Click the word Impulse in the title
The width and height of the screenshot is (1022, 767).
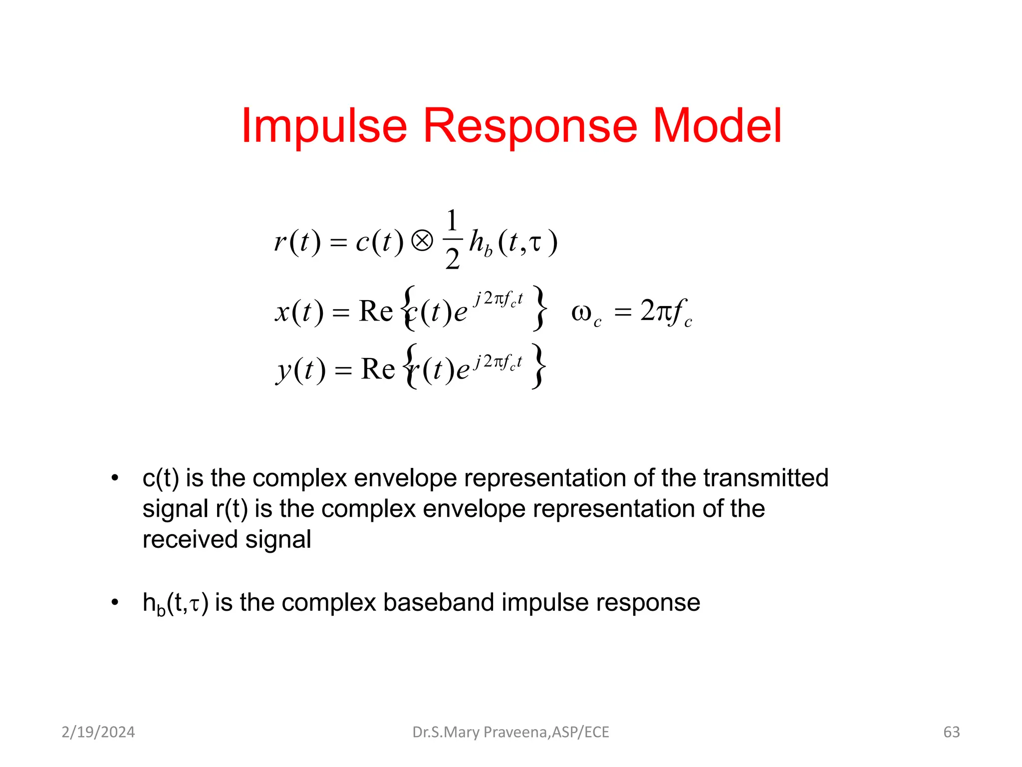click(324, 126)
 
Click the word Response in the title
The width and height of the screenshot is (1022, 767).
click(530, 126)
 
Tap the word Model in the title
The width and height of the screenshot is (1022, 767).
click(717, 126)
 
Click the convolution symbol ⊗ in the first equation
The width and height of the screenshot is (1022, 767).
click(422, 242)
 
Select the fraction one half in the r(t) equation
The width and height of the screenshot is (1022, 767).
click(452, 240)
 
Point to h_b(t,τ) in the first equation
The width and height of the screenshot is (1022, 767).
click(513, 243)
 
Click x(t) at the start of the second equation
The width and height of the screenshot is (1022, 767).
click(299, 312)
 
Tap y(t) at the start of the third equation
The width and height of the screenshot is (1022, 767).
click(301, 371)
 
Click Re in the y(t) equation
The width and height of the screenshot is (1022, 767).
click(378, 370)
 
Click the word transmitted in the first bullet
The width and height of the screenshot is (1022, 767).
click(766, 478)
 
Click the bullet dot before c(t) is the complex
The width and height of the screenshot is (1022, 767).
click(115, 478)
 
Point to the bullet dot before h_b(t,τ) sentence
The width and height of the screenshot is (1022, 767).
click(115, 603)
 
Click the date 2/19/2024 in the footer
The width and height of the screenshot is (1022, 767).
click(98, 732)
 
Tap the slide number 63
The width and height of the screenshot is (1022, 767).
click(951, 732)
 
